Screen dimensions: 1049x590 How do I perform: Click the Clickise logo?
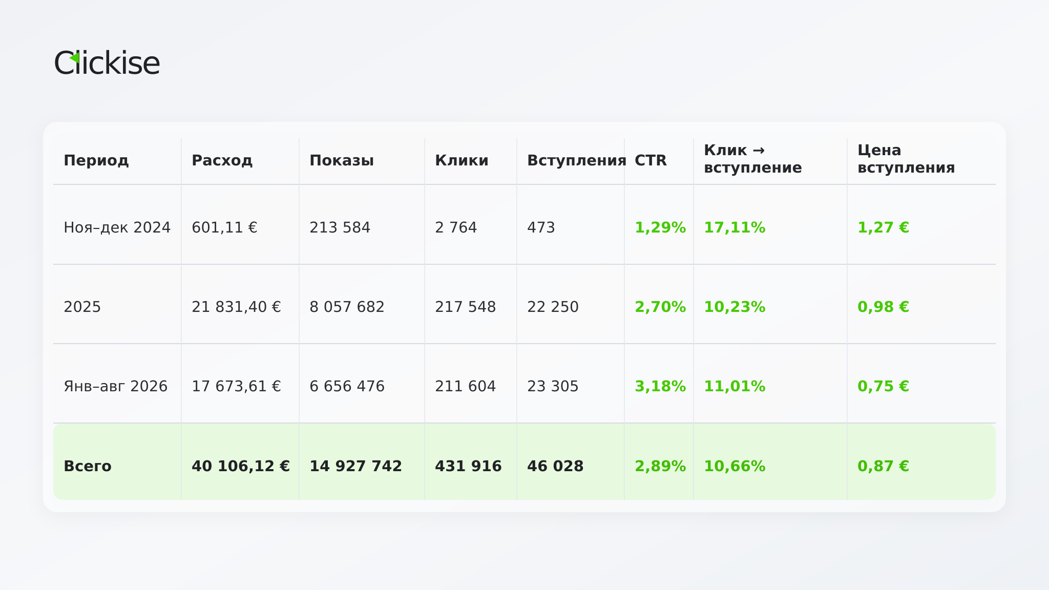[x=107, y=62]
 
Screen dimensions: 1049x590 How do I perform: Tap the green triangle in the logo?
[x=74, y=58]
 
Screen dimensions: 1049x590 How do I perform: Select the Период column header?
[x=96, y=160]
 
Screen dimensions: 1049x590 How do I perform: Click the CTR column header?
[x=651, y=160]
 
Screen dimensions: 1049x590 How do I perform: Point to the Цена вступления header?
[x=906, y=159]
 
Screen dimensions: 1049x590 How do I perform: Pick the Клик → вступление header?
[x=753, y=159]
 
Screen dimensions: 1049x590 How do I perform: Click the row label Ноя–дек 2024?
[x=117, y=227]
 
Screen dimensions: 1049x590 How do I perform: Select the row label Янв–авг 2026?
[x=116, y=386]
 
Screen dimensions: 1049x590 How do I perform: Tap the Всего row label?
[x=88, y=466]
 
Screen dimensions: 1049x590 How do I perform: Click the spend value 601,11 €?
[x=224, y=227]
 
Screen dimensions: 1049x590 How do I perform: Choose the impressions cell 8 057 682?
[x=347, y=307]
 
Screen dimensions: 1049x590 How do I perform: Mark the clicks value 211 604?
[x=465, y=386]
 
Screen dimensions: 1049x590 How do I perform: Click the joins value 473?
[x=541, y=227]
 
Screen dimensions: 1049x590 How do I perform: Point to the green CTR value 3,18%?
[x=660, y=386]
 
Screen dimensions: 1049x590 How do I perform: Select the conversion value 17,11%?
[x=735, y=227]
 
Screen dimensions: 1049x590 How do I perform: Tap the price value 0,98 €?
[x=883, y=307]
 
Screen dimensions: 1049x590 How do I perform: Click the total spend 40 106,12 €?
[x=241, y=466]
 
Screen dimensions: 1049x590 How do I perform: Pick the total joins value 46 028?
[x=555, y=466]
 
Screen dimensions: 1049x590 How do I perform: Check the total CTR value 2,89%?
[x=660, y=466]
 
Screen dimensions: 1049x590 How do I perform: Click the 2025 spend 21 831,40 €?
[x=236, y=307]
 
